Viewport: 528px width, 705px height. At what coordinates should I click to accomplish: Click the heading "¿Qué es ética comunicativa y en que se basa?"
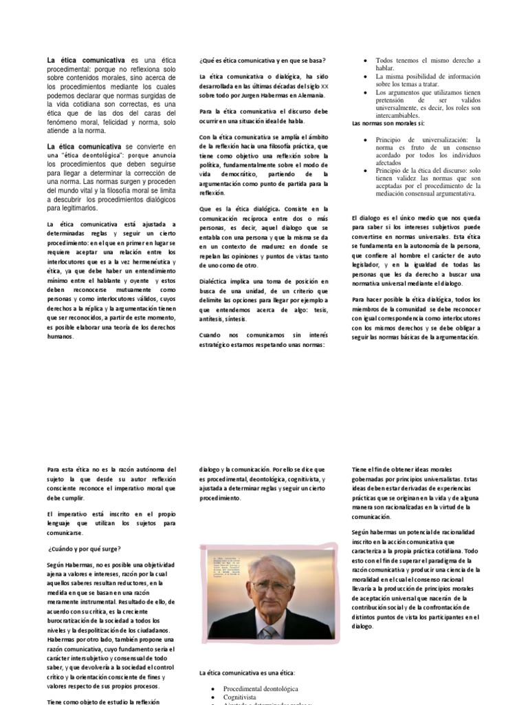[262, 61]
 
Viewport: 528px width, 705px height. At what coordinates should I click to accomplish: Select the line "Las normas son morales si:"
[388, 123]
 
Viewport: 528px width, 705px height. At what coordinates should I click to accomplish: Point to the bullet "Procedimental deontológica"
[261, 688]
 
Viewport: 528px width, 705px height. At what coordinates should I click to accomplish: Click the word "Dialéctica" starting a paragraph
[216, 282]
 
